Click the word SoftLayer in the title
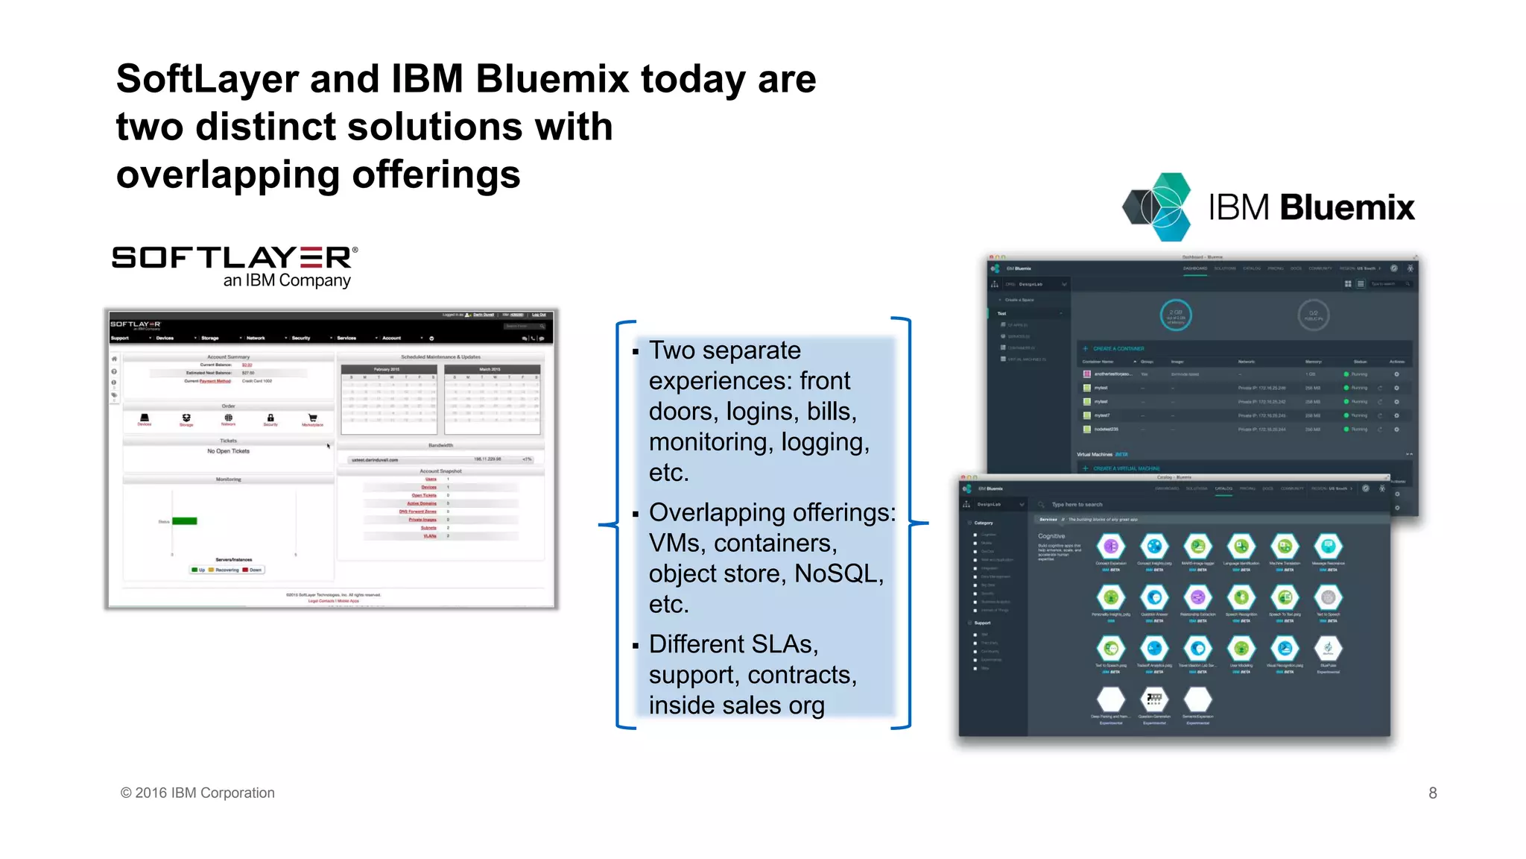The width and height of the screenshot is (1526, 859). coord(206,79)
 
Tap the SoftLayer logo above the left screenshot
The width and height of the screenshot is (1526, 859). coord(234,258)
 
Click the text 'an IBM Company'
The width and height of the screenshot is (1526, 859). coord(287,280)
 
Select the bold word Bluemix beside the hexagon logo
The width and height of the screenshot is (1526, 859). coord(1347,207)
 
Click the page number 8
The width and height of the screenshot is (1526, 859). coord(1432,793)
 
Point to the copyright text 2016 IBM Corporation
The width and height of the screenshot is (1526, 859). coord(204,793)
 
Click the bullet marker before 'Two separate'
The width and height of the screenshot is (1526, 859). coord(636,351)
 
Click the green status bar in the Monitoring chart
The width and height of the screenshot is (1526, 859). coord(185,521)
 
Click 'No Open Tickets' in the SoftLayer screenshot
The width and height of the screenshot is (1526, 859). coord(228,451)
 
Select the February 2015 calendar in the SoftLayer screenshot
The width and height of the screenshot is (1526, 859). coord(388,400)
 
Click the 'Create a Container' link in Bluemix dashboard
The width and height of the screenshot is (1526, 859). coord(1118,348)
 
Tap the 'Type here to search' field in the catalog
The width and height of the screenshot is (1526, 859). coord(1077,505)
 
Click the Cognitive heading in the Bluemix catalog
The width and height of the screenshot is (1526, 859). coord(1051,536)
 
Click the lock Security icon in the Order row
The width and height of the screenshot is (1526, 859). coord(270,419)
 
